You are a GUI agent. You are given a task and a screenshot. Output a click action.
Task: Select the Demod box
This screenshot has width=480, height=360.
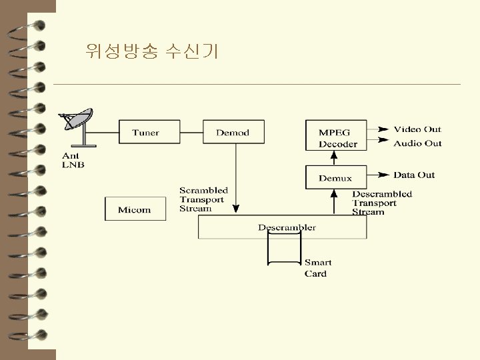233,132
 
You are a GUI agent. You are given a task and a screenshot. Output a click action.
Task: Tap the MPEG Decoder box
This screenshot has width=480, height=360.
338,137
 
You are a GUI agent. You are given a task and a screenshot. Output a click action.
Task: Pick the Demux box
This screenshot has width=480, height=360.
335,178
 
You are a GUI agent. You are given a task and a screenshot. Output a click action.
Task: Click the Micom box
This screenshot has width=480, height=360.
135,209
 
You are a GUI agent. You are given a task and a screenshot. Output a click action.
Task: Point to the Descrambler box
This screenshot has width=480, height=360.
283,227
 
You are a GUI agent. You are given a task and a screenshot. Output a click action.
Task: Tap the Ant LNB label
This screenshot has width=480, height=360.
73,161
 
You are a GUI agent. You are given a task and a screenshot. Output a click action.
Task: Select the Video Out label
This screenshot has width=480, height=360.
417,129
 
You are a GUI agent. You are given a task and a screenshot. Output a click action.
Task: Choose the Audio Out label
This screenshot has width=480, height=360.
417,143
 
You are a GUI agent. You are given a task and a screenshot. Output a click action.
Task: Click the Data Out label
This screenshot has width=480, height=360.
414,175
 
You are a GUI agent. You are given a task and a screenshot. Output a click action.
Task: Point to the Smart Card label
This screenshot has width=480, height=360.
318,268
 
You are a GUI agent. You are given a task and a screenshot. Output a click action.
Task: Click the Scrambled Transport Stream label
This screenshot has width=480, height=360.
203,199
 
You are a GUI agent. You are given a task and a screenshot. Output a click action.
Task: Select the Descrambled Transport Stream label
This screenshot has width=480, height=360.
381,203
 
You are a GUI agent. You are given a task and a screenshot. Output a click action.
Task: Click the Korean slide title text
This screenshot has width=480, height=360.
152,51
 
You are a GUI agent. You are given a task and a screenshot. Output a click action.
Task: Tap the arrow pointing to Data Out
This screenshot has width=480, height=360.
379,175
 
